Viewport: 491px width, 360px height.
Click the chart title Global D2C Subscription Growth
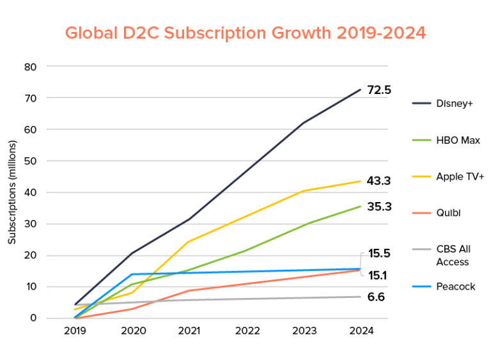[245, 32]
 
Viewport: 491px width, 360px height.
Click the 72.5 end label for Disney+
[378, 90]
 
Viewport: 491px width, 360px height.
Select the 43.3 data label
[378, 181]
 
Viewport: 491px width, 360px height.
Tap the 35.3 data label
[378, 206]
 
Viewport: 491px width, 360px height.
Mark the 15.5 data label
[378, 253]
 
